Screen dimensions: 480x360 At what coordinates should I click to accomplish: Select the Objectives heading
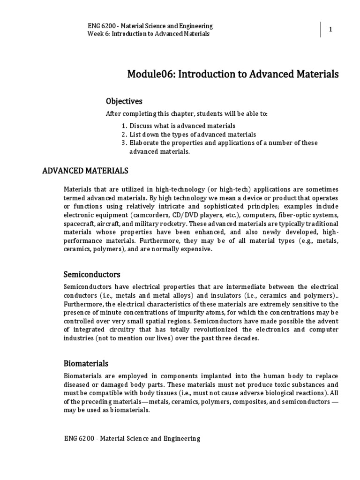pos(124,101)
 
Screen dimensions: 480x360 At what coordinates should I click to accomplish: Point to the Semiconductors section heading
pos(92,274)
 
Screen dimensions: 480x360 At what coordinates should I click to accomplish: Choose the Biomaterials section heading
pos(86,363)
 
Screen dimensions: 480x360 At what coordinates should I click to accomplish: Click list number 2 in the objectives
pos(124,135)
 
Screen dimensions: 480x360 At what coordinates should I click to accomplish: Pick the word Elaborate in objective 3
pos(143,143)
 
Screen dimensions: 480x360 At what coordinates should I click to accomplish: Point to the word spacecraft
pos(79,224)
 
